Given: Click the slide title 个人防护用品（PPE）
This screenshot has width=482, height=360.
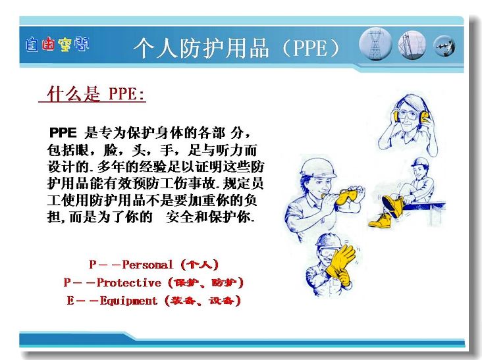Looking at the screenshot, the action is pyautogui.click(x=237, y=49).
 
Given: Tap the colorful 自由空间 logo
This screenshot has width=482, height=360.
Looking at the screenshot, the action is pyautogui.click(x=57, y=45).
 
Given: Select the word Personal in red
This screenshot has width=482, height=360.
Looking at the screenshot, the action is pyautogui.click(x=147, y=265).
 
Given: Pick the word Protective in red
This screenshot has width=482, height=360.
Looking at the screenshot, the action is pyautogui.click(x=129, y=282).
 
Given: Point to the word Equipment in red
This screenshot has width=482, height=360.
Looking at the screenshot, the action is pyautogui.click(x=128, y=301).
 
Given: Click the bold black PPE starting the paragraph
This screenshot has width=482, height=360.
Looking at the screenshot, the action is pyautogui.click(x=63, y=133).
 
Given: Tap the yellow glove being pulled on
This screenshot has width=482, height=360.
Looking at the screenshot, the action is pyautogui.click(x=340, y=262).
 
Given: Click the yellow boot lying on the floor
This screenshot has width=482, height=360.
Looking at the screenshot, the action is pyautogui.click(x=381, y=220).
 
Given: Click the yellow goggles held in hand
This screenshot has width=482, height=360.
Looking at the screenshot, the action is pyautogui.click(x=348, y=196).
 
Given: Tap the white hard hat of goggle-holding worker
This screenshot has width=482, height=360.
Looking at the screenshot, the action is pyautogui.click(x=317, y=168).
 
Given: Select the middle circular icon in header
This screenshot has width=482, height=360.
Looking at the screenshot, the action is pyautogui.click(x=412, y=45).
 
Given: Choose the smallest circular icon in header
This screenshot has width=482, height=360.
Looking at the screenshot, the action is pyautogui.click(x=444, y=46).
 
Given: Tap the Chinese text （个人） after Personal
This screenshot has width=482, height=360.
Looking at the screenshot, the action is pyautogui.click(x=200, y=265).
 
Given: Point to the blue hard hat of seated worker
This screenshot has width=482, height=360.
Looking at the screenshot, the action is pyautogui.click(x=419, y=163).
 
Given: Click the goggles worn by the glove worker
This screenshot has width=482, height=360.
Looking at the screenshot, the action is pyautogui.click(x=327, y=253).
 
